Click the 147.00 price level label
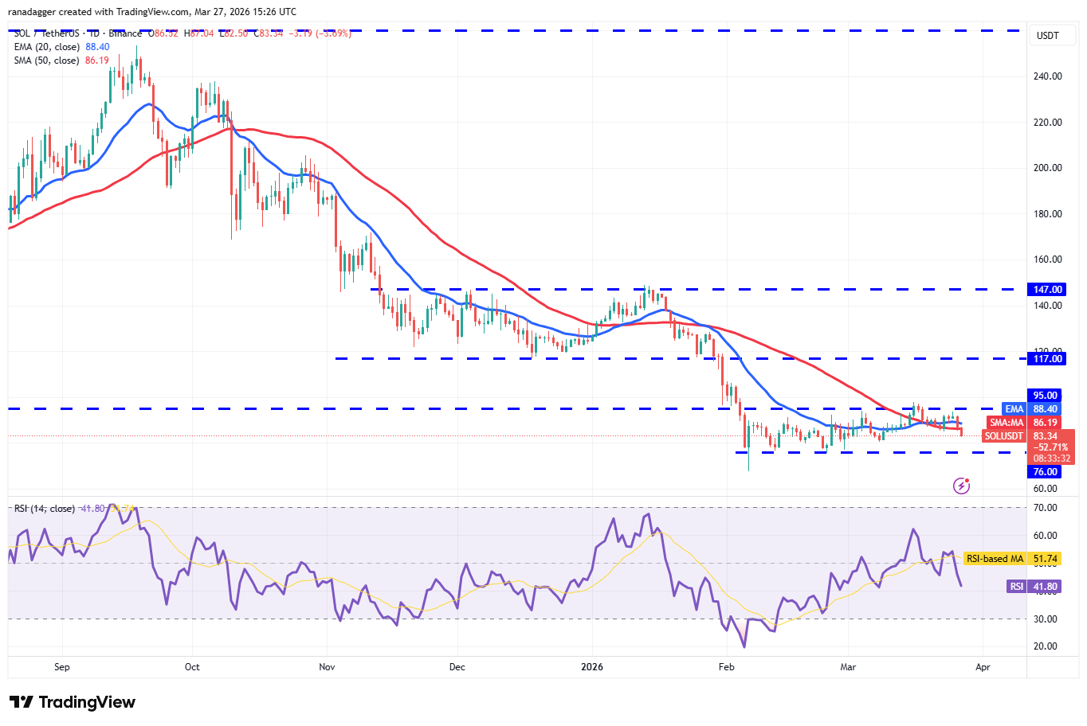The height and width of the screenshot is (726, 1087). tap(1047, 290)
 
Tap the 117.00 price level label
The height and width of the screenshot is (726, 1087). tap(1047, 359)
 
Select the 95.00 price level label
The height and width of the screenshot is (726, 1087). tap(1046, 396)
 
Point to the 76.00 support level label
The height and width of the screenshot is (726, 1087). tap(1046, 472)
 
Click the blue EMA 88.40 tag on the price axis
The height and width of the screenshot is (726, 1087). tap(1031, 409)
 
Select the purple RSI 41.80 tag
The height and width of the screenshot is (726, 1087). tap(1034, 587)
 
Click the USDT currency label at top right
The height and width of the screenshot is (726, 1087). tap(1047, 36)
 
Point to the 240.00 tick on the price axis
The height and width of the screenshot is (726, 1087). tap(1047, 76)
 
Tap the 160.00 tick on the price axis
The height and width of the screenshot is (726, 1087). tap(1047, 260)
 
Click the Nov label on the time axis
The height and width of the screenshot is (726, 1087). tap(327, 667)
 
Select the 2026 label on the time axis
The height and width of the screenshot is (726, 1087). tap(592, 667)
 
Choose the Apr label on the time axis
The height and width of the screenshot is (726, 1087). tap(983, 667)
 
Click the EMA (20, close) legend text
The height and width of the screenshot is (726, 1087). tap(47, 47)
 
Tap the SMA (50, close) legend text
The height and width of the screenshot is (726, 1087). tap(47, 60)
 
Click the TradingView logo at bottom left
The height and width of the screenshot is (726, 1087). tap(73, 702)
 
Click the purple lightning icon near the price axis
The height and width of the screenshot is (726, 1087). tap(962, 486)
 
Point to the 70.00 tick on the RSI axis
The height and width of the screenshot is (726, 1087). tap(1045, 508)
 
